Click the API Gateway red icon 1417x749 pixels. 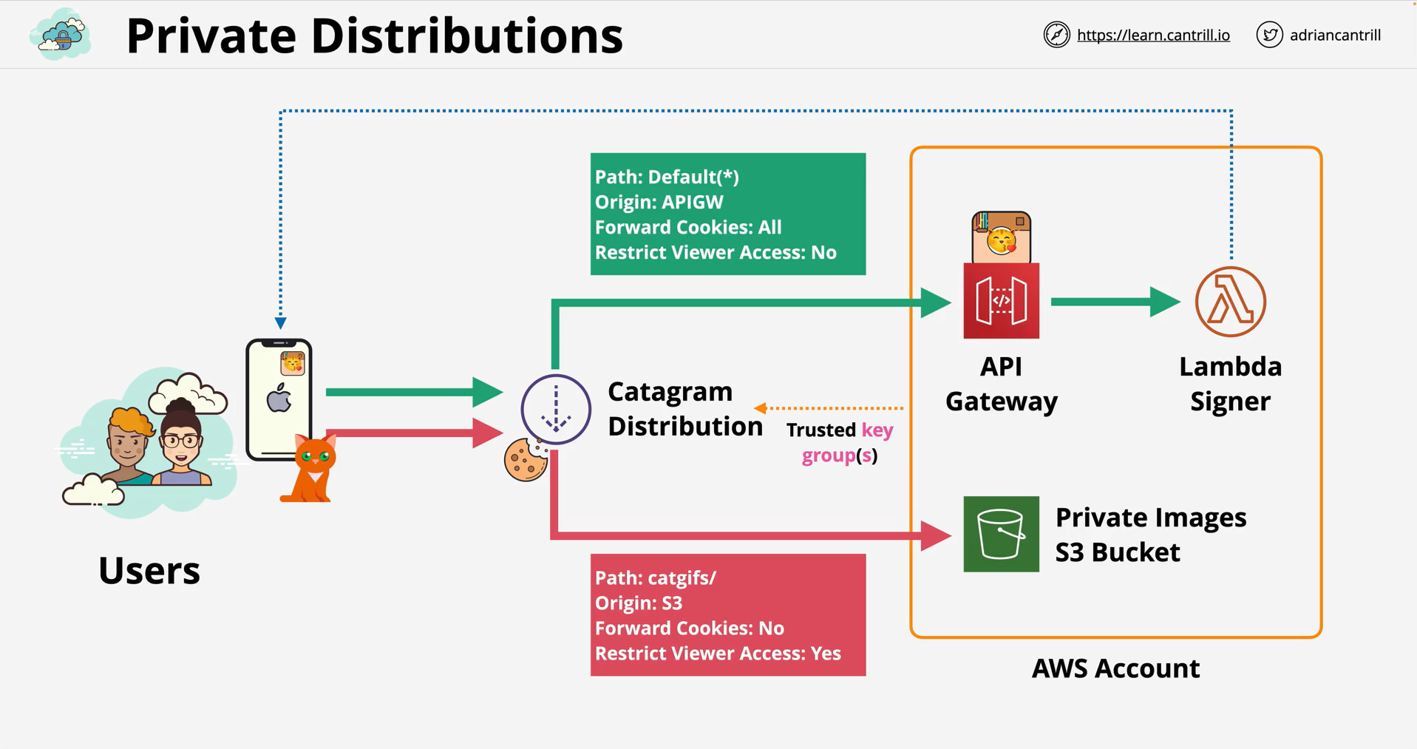coord(1001,300)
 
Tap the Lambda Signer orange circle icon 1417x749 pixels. coord(1230,302)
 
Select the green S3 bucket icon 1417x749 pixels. coord(1001,534)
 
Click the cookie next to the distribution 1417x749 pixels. coord(526,459)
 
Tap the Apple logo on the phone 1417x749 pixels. coord(279,399)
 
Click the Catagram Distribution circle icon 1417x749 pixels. coord(556,409)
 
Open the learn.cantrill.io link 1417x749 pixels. coord(1153,35)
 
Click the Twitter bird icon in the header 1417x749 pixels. coord(1269,35)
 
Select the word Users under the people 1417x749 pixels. coord(149,571)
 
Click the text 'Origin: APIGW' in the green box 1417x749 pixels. coord(659,202)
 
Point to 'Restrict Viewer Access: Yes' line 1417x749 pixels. coord(718,653)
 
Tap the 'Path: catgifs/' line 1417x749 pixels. coord(656,577)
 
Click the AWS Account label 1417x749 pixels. coord(1115,668)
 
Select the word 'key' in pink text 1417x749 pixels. coord(877,430)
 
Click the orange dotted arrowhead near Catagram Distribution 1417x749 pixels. coord(761,407)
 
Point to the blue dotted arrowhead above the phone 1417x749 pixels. coord(281,323)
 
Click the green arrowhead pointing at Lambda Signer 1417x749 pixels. coord(1166,302)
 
